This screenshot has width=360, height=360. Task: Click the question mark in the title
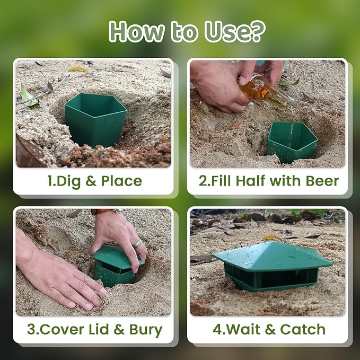257,31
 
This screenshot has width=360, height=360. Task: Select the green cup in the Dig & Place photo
95,120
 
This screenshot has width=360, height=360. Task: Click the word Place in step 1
121,181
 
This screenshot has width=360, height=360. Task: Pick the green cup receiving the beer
292,142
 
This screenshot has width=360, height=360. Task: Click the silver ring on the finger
138,243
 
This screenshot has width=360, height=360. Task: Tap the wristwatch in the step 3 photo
106,211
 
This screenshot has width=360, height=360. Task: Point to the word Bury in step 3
146,330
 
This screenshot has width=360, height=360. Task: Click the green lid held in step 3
118,257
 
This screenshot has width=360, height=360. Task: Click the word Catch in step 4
303,329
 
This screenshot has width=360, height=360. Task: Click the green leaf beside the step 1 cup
28,96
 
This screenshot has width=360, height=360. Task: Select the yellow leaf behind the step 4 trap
270,238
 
